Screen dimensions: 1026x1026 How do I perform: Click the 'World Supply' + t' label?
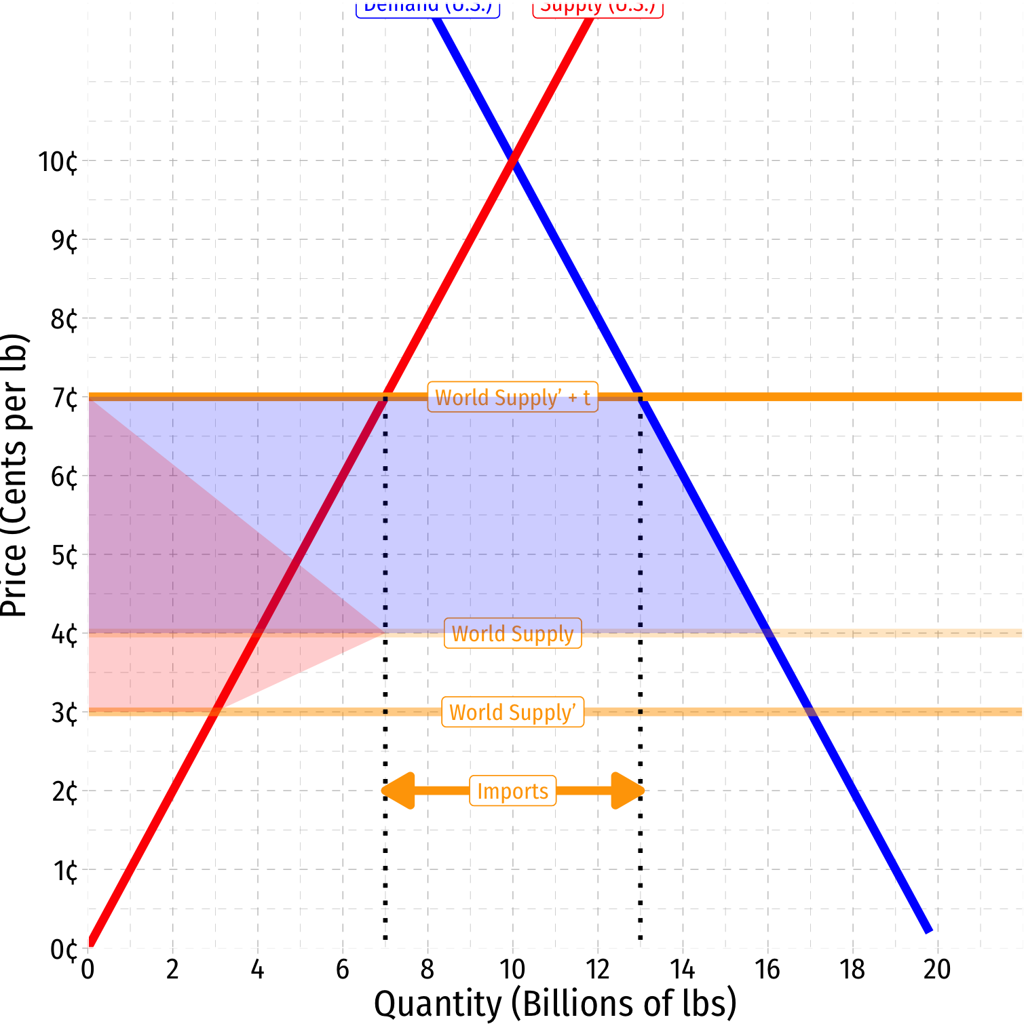(x=512, y=397)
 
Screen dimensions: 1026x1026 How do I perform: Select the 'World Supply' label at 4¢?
(x=512, y=633)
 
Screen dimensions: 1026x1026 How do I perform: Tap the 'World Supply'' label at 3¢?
(x=512, y=712)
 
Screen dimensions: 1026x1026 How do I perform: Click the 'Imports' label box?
(x=512, y=791)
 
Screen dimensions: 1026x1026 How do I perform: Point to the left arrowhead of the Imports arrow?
(x=399, y=791)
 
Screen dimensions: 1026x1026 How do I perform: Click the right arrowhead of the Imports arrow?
(x=627, y=791)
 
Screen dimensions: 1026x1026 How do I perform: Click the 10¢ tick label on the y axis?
(x=58, y=162)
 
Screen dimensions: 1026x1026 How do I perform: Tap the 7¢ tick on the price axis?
(x=64, y=398)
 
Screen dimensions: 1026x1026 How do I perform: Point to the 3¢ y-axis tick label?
(x=64, y=713)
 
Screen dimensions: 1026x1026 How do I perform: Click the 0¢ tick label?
(x=64, y=949)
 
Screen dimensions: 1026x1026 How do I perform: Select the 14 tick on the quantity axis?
(x=682, y=970)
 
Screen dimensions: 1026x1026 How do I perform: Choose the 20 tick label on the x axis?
(x=937, y=970)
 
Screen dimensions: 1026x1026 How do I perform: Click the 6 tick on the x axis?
(x=343, y=970)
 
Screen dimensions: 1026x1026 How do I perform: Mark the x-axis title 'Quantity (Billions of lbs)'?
(x=555, y=1004)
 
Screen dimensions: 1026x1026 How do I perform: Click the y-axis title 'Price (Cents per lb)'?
(x=15, y=475)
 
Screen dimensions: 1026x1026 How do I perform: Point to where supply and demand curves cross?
(x=512, y=161)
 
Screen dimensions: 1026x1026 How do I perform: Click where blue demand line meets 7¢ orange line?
(x=640, y=397)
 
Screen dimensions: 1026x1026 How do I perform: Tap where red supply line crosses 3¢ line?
(x=215, y=712)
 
